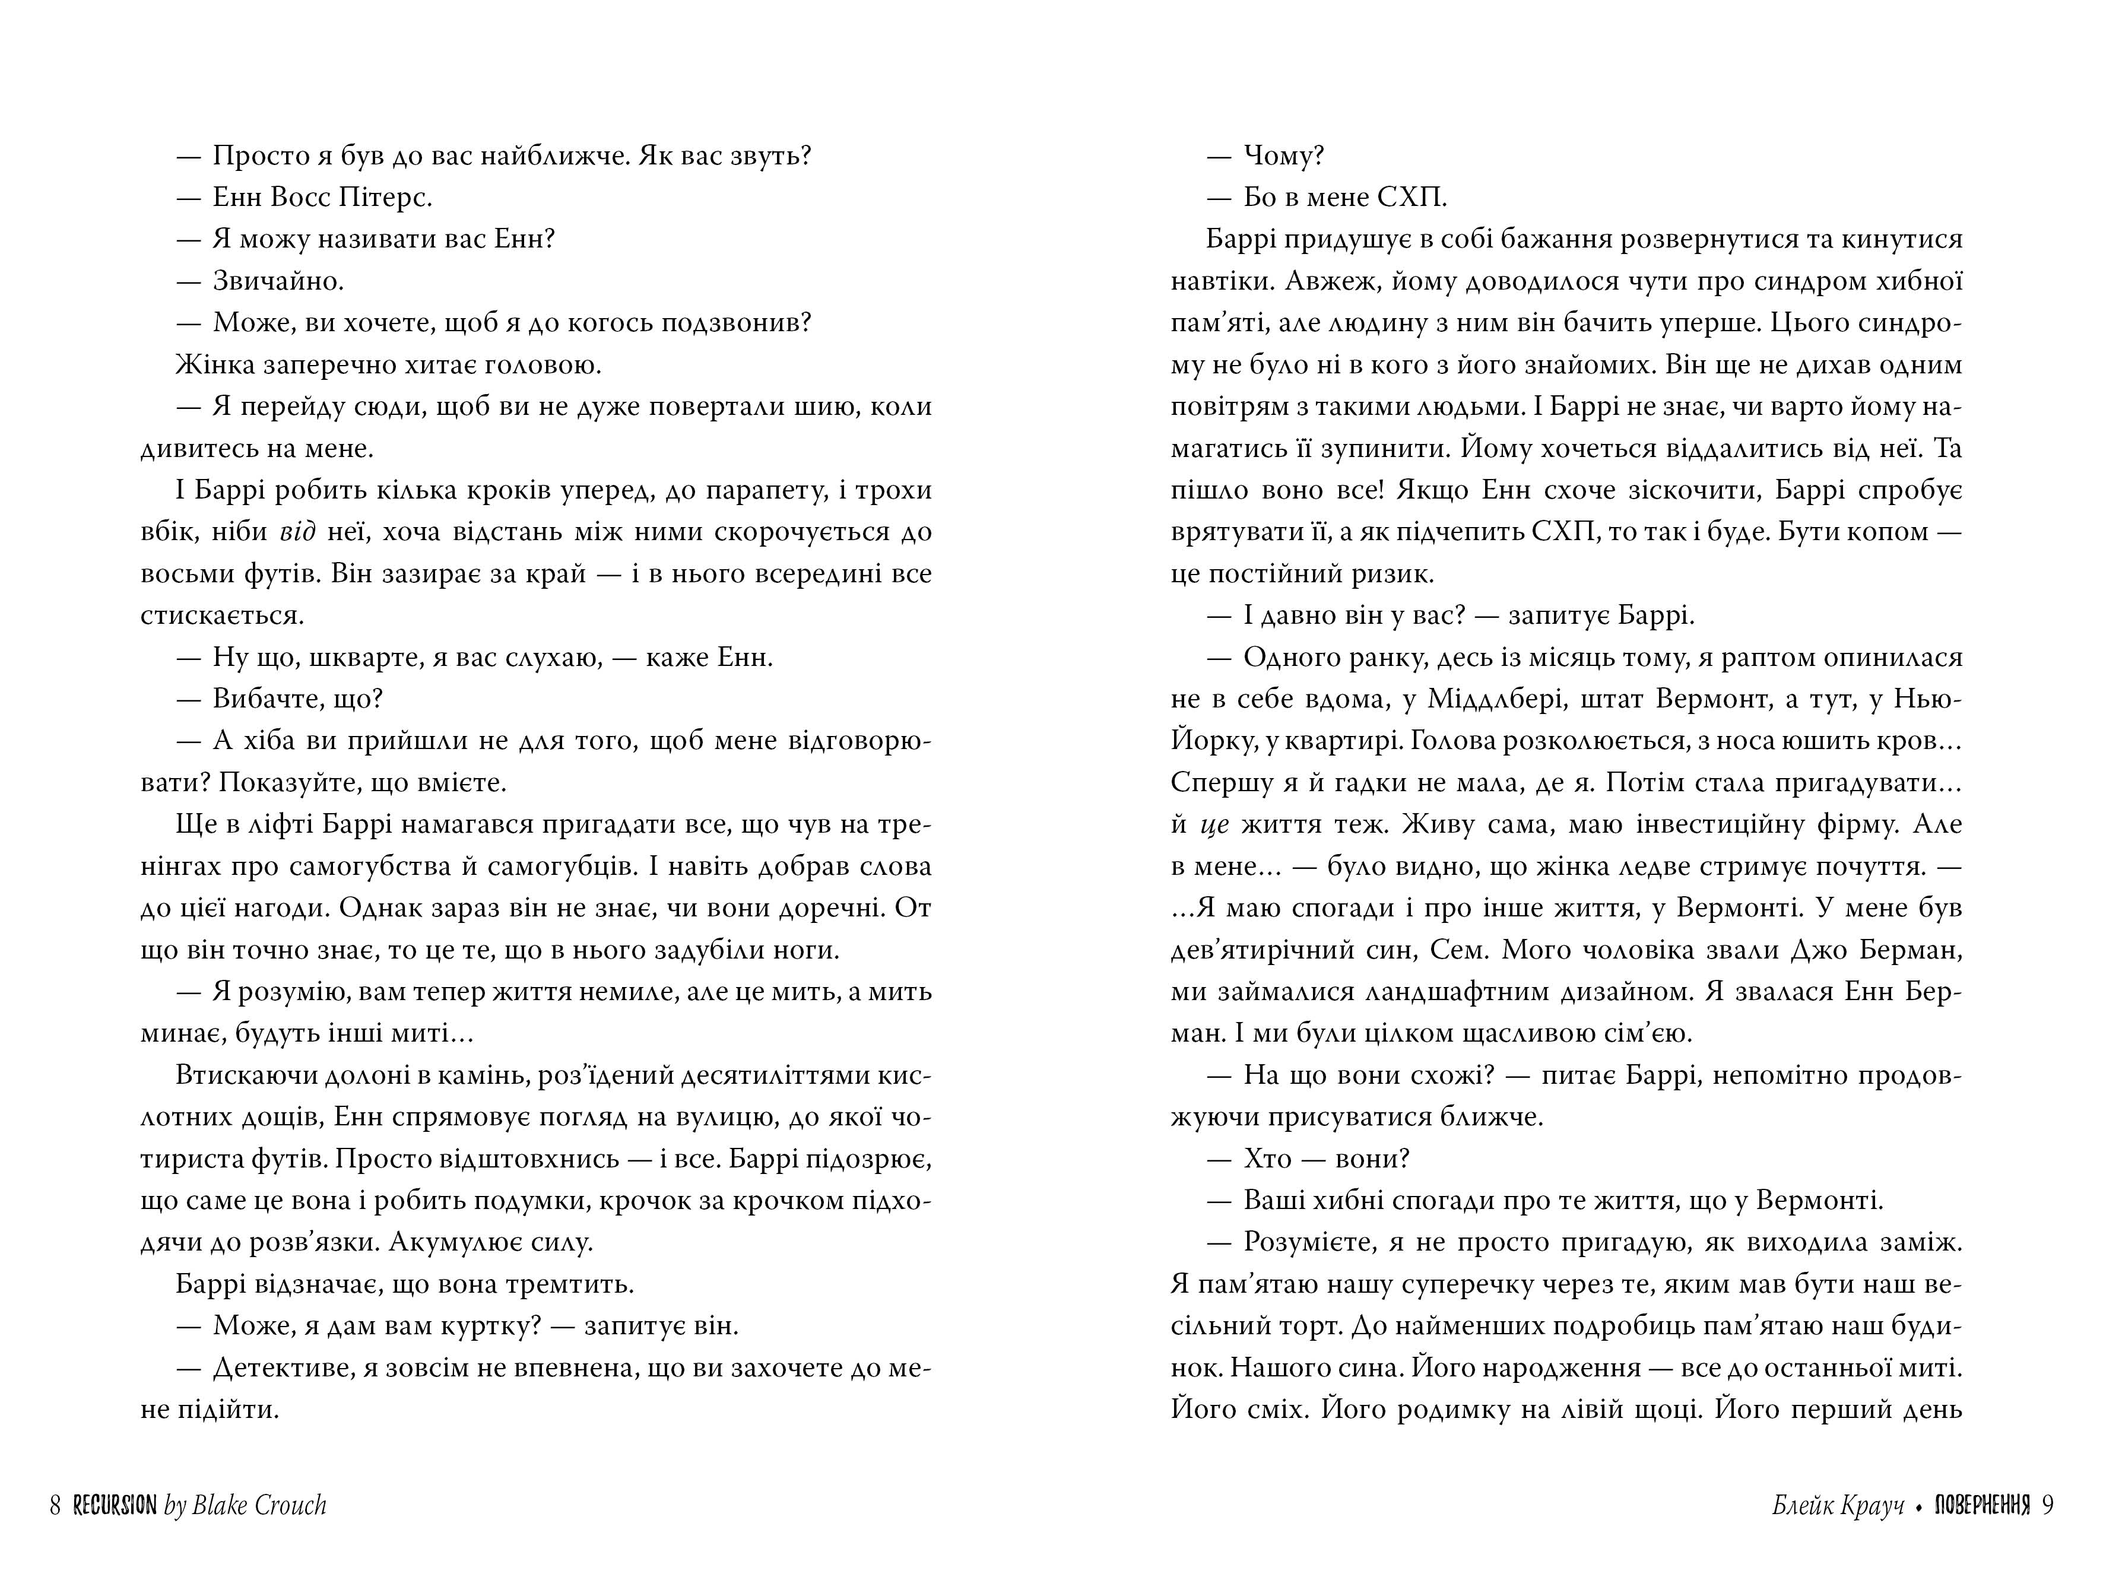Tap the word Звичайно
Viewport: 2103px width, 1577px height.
[278, 281]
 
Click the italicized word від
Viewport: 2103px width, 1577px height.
[297, 532]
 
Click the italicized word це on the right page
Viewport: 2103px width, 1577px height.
[1215, 825]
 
